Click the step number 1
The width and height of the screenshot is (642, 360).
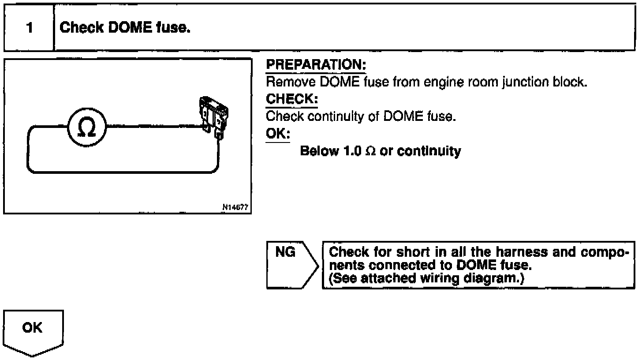[x=29, y=28]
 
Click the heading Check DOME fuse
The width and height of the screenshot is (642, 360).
[x=125, y=28]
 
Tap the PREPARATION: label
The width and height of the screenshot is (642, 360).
[x=316, y=65]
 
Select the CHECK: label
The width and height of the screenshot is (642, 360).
[x=291, y=99]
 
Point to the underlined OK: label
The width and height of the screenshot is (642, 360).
[x=278, y=133]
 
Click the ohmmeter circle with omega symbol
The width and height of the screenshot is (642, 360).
[x=87, y=128]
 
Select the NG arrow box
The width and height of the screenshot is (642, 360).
[x=291, y=265]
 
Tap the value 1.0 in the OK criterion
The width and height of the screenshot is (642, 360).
[x=353, y=151]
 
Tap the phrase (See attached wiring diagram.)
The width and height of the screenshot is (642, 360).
[x=426, y=278]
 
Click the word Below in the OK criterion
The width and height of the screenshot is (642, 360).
[x=319, y=151]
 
